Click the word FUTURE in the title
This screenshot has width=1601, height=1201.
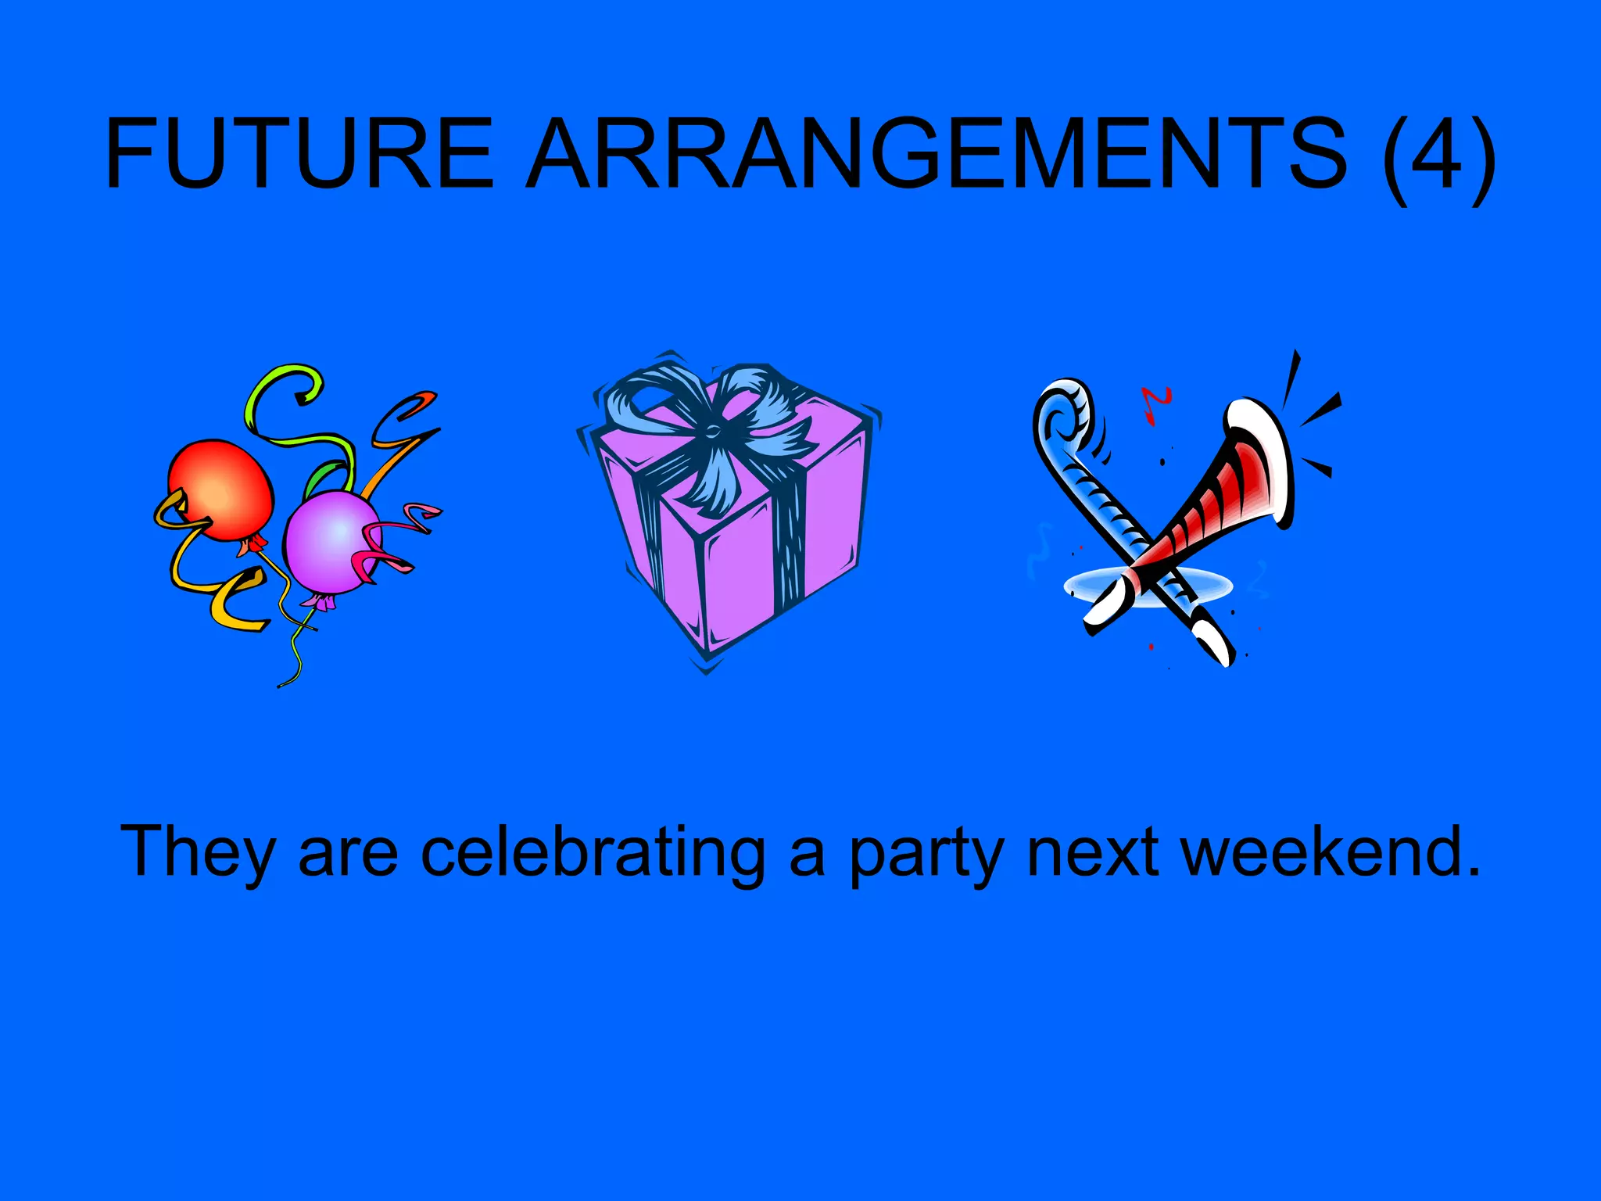[x=299, y=153]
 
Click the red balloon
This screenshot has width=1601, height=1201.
[x=221, y=489]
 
